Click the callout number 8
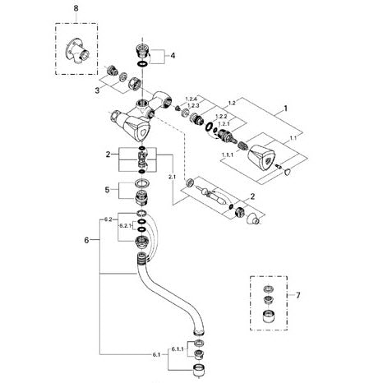(x=76, y=8)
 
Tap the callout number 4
(x=173, y=56)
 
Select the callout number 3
(x=97, y=90)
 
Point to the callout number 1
(x=285, y=108)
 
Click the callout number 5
(x=107, y=190)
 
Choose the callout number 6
(x=86, y=240)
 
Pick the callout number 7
(x=298, y=295)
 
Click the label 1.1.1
(x=228, y=155)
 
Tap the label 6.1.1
(x=178, y=349)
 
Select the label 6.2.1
(x=125, y=226)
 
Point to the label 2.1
(x=172, y=178)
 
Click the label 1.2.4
(x=191, y=99)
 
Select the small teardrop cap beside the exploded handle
(x=288, y=172)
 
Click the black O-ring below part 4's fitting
(x=142, y=64)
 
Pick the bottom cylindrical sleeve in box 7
(x=269, y=317)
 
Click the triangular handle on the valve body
(x=137, y=129)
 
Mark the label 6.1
(x=156, y=355)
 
